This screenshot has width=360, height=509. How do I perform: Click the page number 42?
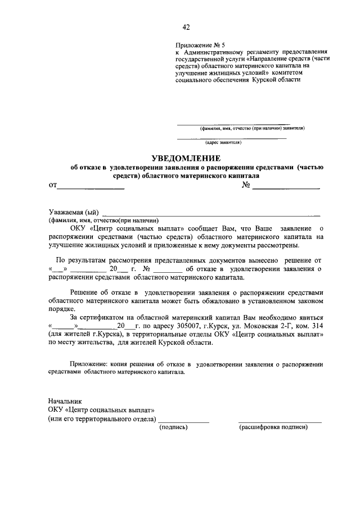[x=186, y=27]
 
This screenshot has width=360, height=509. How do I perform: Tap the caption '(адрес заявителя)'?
[x=223, y=142]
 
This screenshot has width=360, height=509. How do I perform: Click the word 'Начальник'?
[x=65, y=401]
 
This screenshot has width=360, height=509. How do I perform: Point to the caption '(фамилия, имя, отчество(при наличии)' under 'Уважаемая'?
[x=103, y=220]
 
